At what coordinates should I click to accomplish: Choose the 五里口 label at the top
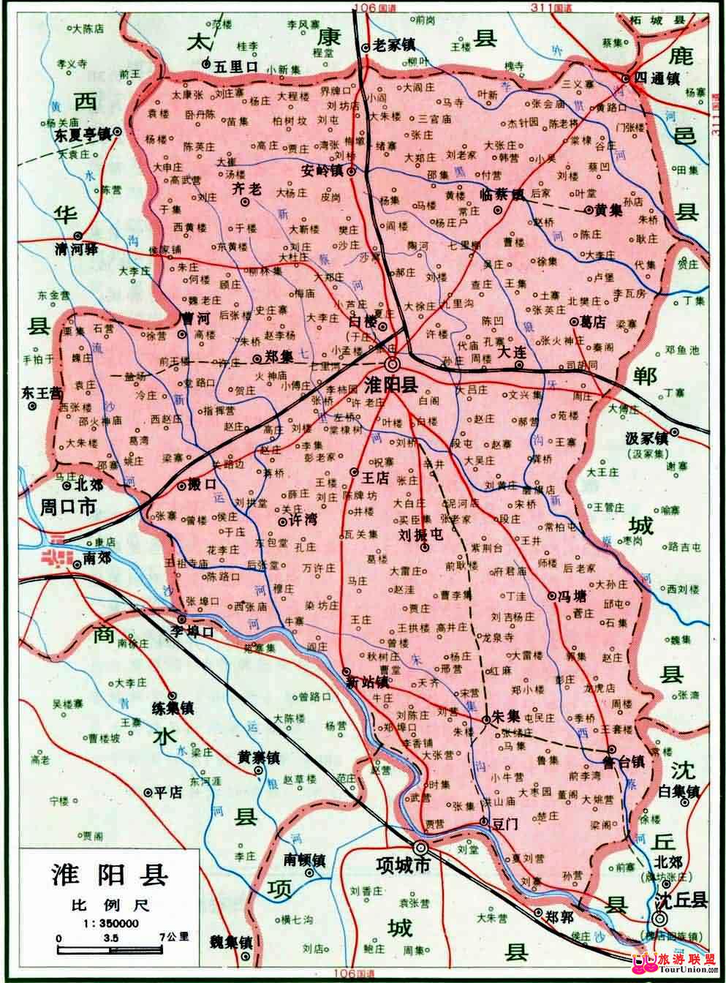pos(237,65)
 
